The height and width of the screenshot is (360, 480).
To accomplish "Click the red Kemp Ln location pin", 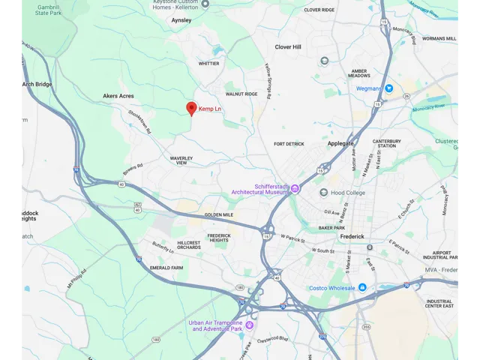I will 191,109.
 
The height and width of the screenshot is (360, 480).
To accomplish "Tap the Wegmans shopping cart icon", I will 388,88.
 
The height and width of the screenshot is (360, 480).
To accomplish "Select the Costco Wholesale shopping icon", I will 362,287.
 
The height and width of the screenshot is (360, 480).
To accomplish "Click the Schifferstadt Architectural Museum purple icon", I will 295,188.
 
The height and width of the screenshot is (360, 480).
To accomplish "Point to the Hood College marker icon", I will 324,192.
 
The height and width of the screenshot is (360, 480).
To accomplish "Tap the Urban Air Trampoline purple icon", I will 250,325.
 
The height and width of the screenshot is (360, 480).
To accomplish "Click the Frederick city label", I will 352,236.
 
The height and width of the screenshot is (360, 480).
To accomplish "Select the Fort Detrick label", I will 289,144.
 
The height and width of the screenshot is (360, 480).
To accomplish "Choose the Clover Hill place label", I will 288,47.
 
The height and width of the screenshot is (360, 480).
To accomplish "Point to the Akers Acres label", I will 118,96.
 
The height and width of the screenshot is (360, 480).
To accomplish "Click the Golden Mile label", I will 219,215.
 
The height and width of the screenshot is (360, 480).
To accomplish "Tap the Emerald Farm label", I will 166,268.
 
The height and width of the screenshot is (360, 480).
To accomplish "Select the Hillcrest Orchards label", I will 189,245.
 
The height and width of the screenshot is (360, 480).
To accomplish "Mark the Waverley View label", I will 182,160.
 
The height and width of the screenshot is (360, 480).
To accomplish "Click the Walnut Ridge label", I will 241,94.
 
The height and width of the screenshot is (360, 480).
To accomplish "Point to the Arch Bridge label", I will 37,84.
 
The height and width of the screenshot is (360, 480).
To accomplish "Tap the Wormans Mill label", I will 439,38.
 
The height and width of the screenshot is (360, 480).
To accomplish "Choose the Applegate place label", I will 340,143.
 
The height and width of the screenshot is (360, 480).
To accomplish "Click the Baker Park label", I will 331,227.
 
